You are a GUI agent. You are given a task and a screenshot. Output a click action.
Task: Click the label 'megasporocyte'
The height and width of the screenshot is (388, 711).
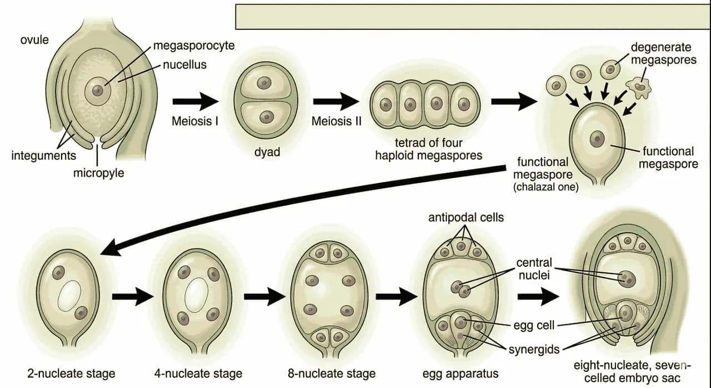194,46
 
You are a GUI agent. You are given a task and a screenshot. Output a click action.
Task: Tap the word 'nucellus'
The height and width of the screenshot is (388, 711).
185,65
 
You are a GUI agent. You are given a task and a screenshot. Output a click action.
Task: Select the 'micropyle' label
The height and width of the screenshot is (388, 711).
99,173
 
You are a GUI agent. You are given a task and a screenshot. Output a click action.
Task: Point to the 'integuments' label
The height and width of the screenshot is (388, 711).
44,156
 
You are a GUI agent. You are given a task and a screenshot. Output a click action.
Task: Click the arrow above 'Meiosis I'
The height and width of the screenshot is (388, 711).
196,102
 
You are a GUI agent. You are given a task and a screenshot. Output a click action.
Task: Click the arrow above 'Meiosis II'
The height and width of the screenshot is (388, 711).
336,102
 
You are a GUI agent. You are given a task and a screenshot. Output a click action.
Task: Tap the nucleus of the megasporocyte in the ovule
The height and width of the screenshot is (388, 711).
98,91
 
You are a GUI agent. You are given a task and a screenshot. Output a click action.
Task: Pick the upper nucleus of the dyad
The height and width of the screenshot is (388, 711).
264,83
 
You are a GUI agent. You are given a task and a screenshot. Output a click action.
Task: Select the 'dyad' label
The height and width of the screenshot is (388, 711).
267,152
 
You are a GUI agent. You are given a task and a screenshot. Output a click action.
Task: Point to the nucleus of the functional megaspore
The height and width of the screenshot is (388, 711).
597,139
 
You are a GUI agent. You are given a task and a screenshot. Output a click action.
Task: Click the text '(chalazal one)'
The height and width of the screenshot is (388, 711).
546,187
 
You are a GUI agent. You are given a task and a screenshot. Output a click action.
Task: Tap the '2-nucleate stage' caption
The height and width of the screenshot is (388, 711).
71,374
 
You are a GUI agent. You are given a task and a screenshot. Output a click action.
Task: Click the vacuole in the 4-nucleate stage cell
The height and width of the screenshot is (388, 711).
197,295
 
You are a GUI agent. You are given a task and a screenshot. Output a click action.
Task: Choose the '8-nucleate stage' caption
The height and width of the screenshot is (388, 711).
332,374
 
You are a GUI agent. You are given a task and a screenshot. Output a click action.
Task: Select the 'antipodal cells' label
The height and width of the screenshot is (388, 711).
466,217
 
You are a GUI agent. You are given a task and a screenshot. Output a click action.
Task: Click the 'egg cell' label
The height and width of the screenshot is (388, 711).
534,325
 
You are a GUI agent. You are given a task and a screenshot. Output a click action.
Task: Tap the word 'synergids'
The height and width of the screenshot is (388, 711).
534,349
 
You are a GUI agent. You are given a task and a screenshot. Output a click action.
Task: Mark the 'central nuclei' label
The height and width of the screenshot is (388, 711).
534,268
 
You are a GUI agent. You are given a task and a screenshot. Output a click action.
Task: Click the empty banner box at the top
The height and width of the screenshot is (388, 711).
472,17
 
